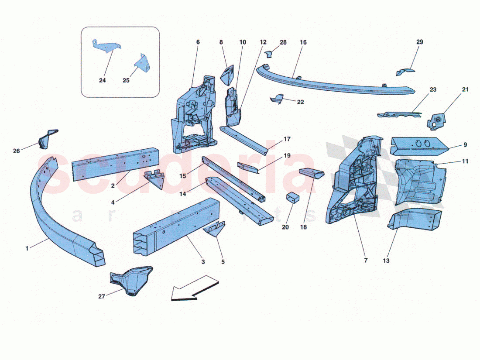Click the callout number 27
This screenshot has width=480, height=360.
pyautogui.click(x=102, y=296)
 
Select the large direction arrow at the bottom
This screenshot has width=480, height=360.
pyautogui.click(x=194, y=288)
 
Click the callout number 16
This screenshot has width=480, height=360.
pyautogui.click(x=303, y=42)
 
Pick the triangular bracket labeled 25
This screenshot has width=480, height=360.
pyautogui.click(x=142, y=63)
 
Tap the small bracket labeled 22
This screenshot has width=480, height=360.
pyautogui.click(x=276, y=99)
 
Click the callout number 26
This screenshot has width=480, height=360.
pyautogui.click(x=17, y=151)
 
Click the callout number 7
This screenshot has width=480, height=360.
pyautogui.click(x=366, y=261)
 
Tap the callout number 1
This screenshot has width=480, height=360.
pyautogui.click(x=27, y=248)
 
